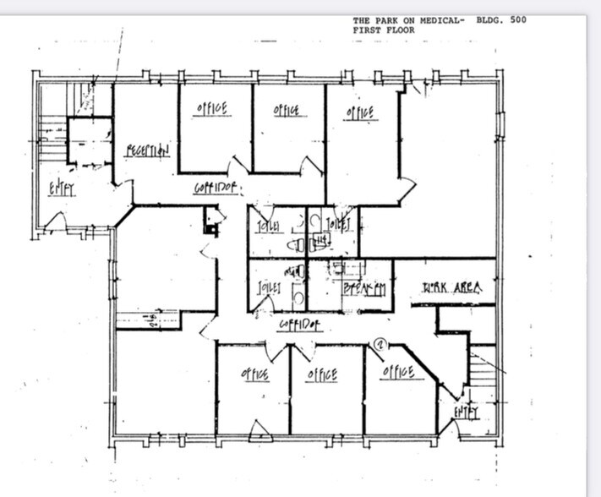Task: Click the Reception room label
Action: (x=149, y=150)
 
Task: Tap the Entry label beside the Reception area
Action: (x=62, y=189)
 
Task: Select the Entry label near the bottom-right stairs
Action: (x=466, y=412)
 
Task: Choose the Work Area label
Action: (x=452, y=289)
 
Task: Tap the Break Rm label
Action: (x=364, y=289)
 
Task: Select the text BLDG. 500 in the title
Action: (x=501, y=20)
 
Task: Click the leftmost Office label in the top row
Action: (x=212, y=110)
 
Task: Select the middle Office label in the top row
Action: (x=286, y=111)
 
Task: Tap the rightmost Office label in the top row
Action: (x=360, y=112)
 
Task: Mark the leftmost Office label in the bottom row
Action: (x=254, y=374)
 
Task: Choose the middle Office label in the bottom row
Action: (x=322, y=374)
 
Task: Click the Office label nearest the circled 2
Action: (x=397, y=372)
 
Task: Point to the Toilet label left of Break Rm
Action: (x=270, y=288)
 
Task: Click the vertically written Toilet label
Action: (x=345, y=227)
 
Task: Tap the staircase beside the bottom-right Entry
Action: (x=486, y=372)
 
